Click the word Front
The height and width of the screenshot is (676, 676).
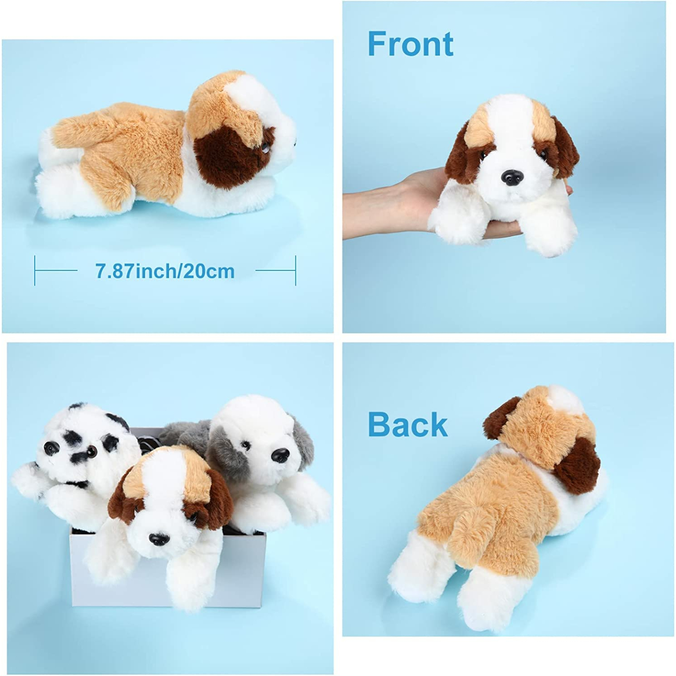(410, 44)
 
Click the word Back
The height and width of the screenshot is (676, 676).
(407, 424)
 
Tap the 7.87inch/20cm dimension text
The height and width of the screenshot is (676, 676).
(165, 271)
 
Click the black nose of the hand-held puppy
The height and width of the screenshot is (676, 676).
(511, 177)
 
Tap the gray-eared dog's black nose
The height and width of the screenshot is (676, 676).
(281, 454)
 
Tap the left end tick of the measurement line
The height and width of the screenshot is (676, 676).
(35, 270)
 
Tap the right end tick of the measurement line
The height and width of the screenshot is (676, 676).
(296, 270)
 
